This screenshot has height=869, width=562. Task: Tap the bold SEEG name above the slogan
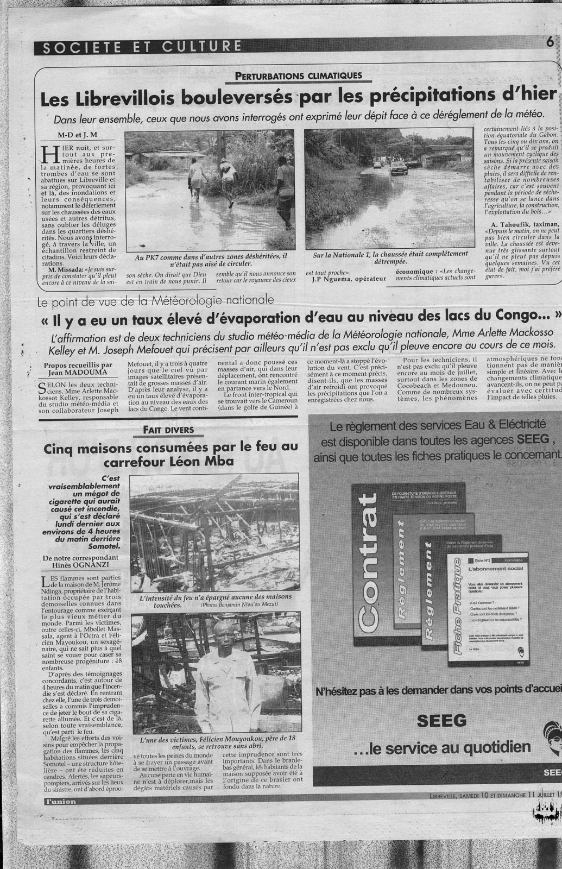(441, 720)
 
